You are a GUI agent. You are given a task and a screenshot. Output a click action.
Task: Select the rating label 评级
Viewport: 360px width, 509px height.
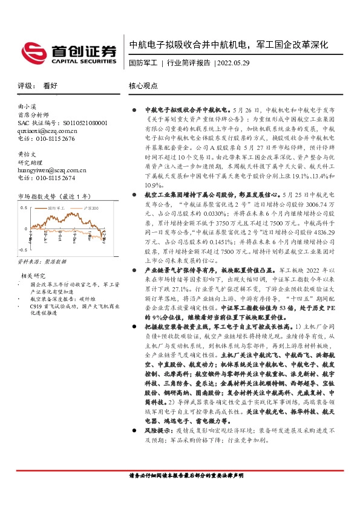point(24,86)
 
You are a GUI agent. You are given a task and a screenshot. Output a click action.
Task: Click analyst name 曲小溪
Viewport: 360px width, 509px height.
point(28,106)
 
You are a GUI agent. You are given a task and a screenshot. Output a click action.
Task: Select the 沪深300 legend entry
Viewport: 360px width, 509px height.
point(90,207)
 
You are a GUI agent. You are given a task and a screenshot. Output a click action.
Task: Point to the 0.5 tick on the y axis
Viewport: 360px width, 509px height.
point(24,207)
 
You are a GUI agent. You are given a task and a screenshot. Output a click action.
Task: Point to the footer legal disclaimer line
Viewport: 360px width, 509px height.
point(183,494)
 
